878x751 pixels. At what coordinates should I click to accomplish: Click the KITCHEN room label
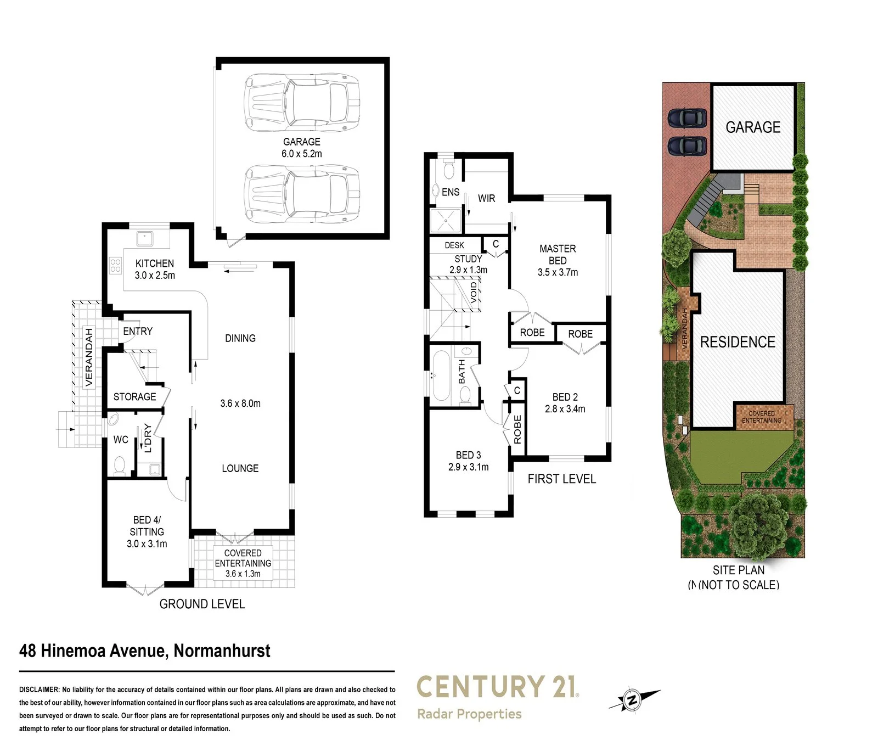(155, 264)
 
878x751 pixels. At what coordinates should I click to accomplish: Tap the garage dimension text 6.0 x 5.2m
(302, 154)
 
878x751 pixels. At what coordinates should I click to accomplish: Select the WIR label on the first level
(486, 198)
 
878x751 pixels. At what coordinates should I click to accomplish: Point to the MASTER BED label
(558, 254)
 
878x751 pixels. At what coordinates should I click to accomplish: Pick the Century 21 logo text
(497, 687)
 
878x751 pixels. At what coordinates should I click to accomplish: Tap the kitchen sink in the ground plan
(145, 239)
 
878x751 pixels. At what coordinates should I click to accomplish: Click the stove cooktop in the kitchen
(115, 266)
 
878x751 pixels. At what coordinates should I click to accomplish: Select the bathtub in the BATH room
(441, 377)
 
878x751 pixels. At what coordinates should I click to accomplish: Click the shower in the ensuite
(446, 221)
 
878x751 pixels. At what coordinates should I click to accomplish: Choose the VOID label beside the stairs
(474, 293)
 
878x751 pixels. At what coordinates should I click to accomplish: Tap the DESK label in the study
(454, 245)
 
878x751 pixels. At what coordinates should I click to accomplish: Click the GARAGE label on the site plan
(753, 127)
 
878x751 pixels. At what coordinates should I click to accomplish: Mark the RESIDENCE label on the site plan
(738, 342)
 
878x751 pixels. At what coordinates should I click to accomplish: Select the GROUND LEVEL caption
(202, 604)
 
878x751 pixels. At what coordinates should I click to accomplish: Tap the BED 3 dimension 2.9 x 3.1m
(468, 467)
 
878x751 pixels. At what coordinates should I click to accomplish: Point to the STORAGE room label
(134, 396)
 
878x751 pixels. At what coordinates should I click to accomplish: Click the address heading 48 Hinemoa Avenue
(145, 651)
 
